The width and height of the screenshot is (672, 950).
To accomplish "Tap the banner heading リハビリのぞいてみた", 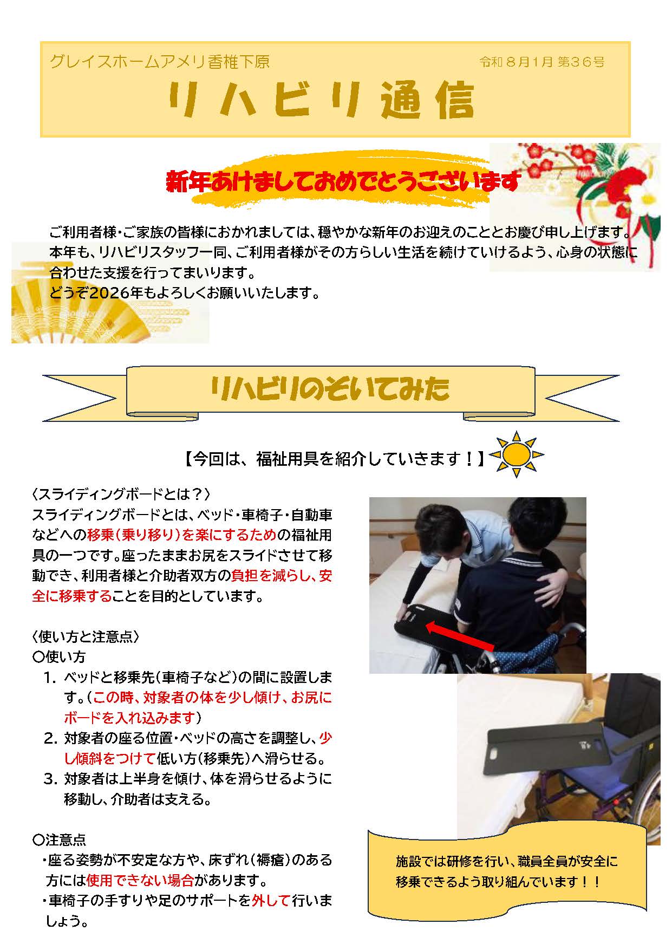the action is coord(330,388).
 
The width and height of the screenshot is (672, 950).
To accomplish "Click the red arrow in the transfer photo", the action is coord(460,637).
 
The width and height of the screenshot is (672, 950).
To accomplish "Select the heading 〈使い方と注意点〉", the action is coord(87,636).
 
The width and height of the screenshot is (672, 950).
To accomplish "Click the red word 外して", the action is coord(271,900).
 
